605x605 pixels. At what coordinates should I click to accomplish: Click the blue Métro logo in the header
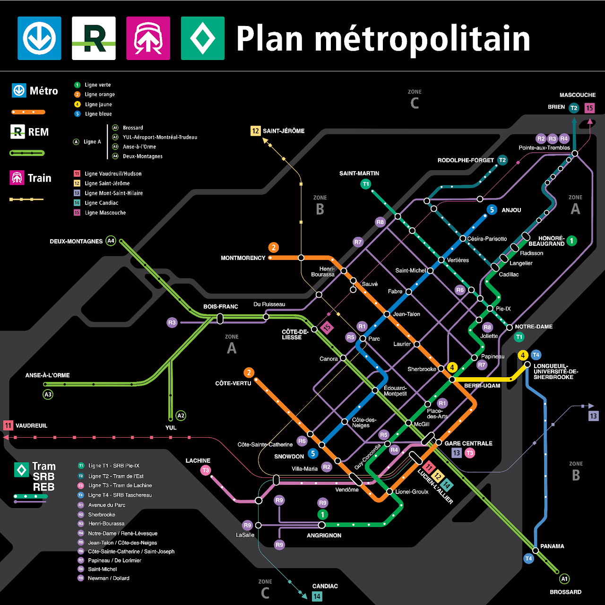(39, 38)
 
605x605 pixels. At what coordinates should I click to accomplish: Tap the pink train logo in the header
(148, 38)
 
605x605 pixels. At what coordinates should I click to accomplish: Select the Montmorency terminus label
(243, 258)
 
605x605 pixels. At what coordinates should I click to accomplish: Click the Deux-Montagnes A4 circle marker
(111, 241)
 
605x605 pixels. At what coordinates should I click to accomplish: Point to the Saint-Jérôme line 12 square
(255, 131)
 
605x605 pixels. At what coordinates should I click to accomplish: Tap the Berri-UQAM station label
(482, 386)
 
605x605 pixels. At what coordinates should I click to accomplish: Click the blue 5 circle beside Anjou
(492, 209)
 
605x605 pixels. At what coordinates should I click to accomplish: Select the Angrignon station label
(324, 536)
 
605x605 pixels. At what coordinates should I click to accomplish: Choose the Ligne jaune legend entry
(98, 104)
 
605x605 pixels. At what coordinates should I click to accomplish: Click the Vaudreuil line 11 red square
(8, 425)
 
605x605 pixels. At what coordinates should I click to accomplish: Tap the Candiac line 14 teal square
(317, 596)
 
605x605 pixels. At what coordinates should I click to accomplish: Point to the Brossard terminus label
(565, 592)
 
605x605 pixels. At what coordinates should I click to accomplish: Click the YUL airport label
(171, 428)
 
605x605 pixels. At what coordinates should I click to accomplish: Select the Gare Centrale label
(468, 443)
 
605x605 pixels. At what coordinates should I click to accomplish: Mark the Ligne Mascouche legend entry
(105, 213)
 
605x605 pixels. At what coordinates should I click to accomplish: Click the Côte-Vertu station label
(233, 383)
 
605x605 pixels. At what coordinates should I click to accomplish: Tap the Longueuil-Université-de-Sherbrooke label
(555, 372)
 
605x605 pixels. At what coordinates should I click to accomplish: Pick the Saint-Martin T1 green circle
(365, 184)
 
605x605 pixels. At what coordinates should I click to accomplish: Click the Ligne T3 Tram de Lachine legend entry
(120, 485)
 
